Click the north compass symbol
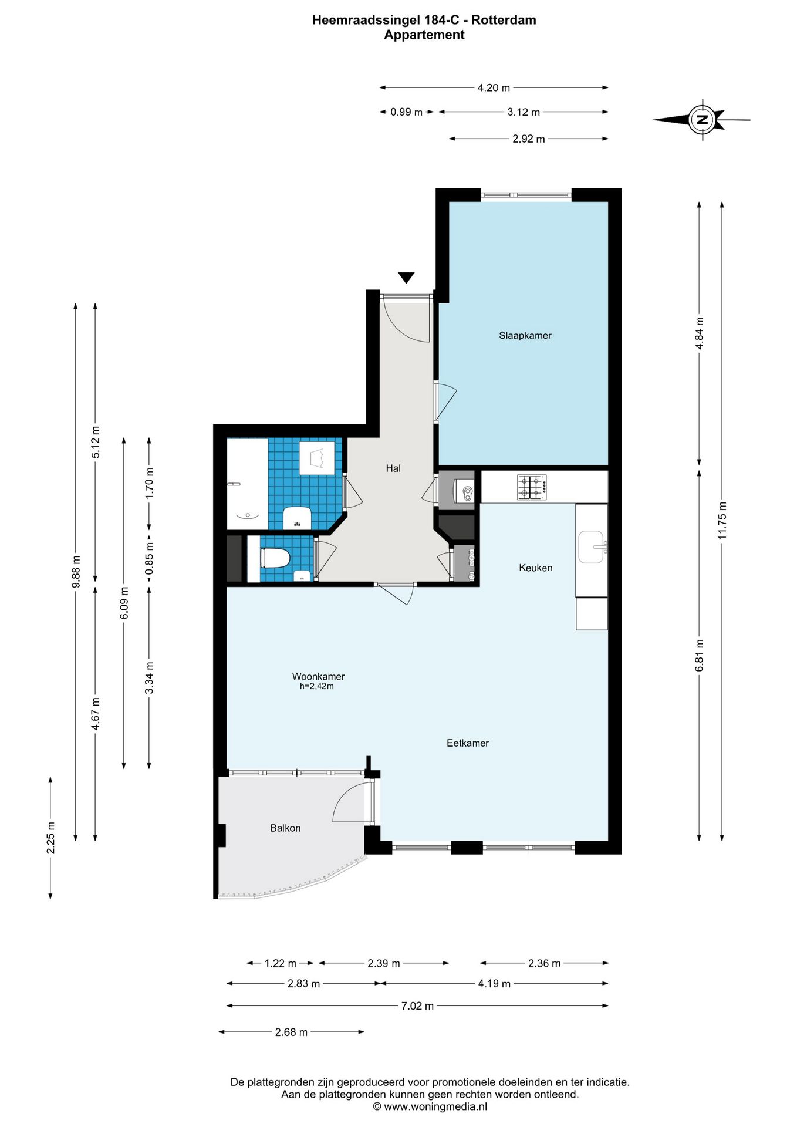pos(702,120)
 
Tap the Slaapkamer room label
pos(525,336)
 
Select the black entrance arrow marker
pos(406,278)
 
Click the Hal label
pos(393,468)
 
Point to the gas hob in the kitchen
pos(532,487)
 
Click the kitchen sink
pos(592,547)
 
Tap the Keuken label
pos(536,568)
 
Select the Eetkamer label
pos(468,743)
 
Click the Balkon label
pos(285,828)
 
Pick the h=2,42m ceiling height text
pos(317,686)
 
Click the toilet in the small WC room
pos(275,558)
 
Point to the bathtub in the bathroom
pos(248,484)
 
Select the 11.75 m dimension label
pos(722,521)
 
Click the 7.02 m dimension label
pos(417,1006)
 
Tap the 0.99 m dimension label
pos(407,112)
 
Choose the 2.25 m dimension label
pos(51,838)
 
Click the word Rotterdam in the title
pos(504,20)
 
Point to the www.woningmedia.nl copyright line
pos(430,1106)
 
